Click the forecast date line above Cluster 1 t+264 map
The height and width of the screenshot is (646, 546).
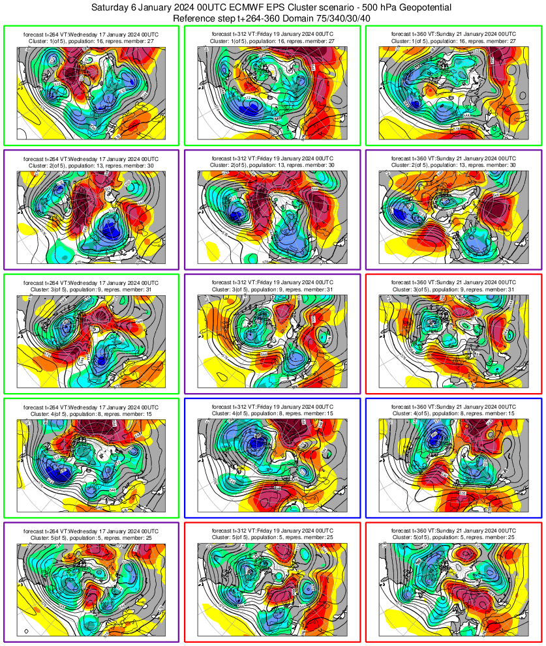click(91, 32)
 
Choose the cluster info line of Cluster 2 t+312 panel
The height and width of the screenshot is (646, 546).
click(271, 165)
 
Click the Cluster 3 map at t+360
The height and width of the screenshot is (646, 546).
click(454, 344)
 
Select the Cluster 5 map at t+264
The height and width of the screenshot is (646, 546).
click(91, 592)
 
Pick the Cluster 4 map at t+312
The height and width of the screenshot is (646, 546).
click(271, 468)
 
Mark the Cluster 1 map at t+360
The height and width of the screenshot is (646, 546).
click(454, 94)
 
